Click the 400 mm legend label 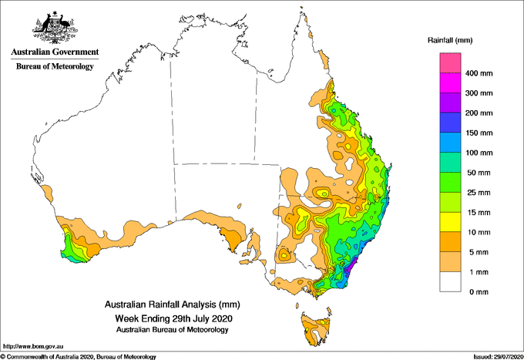(x=479, y=73)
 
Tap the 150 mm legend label (x=479, y=133)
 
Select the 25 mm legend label (x=479, y=193)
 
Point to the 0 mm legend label (x=479, y=292)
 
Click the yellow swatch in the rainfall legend (x=450, y=222)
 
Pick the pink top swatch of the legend (x=450, y=63)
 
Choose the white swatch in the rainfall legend (x=450, y=282)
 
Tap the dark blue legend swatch (x=450, y=123)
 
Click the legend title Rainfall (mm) (x=450, y=40)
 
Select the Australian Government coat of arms (x=55, y=28)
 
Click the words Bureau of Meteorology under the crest (x=55, y=66)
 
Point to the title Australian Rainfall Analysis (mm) (x=173, y=304)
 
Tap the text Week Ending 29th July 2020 (x=173, y=318)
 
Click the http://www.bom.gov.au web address (x=33, y=347)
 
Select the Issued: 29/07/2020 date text (x=499, y=357)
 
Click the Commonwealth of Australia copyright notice (x=78, y=357)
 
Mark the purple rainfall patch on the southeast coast (x=350, y=267)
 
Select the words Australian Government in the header (x=55, y=52)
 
